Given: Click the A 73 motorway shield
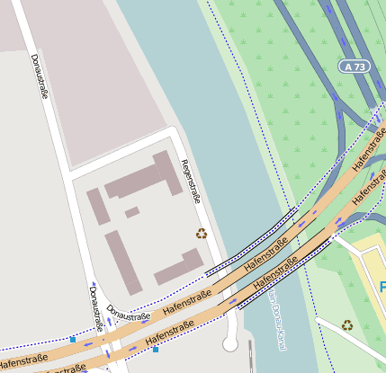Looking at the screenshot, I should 355,67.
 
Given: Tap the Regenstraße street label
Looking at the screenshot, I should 190,182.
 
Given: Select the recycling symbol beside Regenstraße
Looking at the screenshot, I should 202,234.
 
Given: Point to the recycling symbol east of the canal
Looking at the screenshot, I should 347,325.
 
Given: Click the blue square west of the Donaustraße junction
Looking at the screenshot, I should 73,340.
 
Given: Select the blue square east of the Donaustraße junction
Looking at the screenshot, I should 156,349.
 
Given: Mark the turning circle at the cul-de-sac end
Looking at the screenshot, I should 229,344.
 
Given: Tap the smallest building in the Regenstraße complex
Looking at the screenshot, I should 131,212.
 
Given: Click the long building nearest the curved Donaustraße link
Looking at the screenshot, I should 123,262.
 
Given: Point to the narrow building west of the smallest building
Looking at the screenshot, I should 98,207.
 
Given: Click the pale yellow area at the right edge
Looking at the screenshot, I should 371,270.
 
